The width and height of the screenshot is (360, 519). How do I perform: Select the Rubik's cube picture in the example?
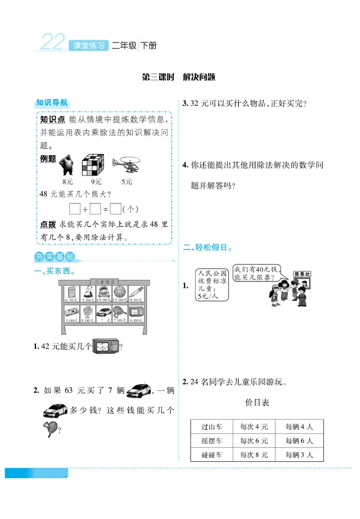pos(93,165)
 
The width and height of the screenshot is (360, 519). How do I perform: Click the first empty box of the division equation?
pos(75,209)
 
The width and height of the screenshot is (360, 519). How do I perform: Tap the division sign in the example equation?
pos(85,209)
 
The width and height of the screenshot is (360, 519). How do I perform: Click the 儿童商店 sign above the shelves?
pos(103,282)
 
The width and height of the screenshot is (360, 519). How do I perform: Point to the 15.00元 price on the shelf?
pos(119,300)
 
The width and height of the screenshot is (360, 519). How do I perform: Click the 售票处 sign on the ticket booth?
pos(302,274)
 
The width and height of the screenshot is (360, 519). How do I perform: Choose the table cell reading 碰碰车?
pos(211,455)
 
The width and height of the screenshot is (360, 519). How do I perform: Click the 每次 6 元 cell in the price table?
pos(254,441)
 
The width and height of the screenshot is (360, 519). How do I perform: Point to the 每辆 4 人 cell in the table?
pos(299,427)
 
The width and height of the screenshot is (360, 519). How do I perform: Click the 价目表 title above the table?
pos(257,403)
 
